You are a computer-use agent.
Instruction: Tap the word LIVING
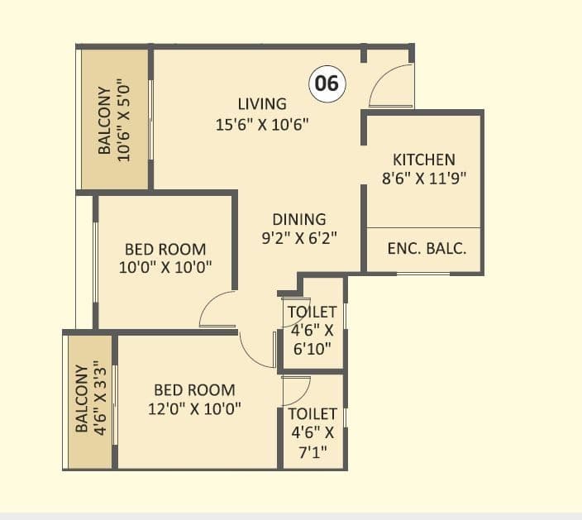(x=262, y=104)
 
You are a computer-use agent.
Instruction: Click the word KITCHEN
(x=423, y=160)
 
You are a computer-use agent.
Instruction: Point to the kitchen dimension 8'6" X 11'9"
(x=423, y=179)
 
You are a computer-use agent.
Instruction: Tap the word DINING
(x=299, y=220)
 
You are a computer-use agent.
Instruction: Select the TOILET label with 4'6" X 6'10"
(x=312, y=312)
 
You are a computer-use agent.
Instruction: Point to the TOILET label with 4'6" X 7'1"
(x=312, y=413)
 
